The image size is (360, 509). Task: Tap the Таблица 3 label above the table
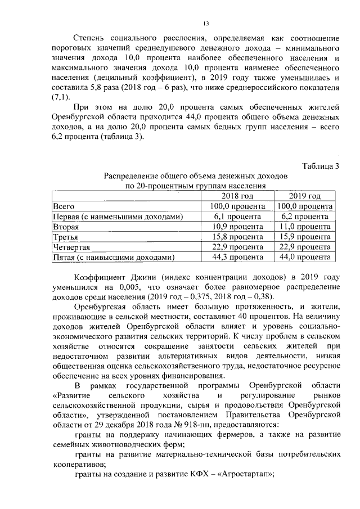321,165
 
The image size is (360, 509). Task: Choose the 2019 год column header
305,196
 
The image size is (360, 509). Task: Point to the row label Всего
63,206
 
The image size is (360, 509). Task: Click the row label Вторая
65,226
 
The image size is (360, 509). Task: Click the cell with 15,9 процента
305,237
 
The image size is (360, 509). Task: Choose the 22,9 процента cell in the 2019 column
305,247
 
